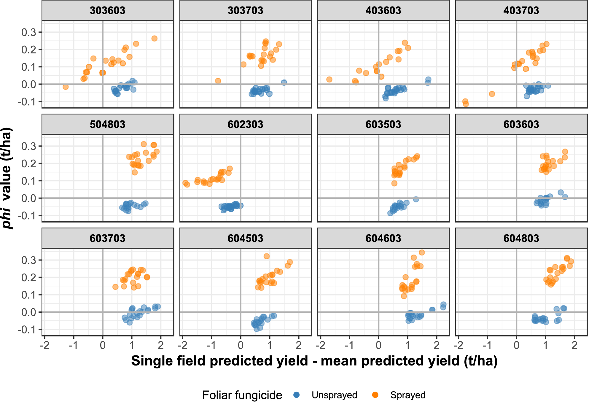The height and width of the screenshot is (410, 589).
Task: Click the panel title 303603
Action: tap(107, 11)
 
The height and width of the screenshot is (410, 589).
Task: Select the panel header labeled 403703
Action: tap(521, 11)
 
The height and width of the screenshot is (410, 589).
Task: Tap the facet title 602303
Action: tap(245, 125)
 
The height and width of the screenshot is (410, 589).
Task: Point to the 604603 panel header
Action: tap(383, 239)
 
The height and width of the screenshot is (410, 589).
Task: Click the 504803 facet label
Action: tap(107, 125)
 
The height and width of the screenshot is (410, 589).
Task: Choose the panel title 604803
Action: tap(521, 239)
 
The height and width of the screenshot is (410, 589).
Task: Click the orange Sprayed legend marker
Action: tap(375, 395)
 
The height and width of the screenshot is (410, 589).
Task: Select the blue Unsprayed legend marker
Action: tap(296, 395)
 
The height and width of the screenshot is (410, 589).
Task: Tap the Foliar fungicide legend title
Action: tap(242, 395)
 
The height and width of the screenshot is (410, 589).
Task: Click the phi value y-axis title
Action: tap(7, 178)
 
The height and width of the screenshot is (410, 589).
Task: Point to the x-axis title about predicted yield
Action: tap(314, 361)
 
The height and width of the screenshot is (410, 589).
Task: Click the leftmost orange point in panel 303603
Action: tap(66, 87)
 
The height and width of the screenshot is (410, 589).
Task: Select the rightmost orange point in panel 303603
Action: tap(154, 39)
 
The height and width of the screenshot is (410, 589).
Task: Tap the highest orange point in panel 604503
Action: tap(267, 256)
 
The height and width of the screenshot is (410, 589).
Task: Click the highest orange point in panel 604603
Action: tap(422, 252)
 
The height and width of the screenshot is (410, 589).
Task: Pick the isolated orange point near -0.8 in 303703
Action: tap(218, 81)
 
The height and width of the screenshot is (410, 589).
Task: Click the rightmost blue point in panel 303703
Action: tap(284, 82)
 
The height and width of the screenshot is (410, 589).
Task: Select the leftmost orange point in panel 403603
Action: tap(329, 80)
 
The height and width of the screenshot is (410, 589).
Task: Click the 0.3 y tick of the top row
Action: tap(28, 32)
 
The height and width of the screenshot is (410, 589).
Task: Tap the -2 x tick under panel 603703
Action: tap(45, 345)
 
